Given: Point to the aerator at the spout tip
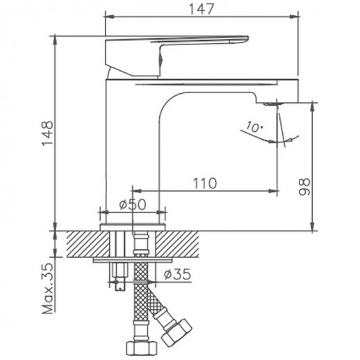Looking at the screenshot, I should coord(272,103).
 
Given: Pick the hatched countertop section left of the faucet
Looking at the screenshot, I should coord(83,244).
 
